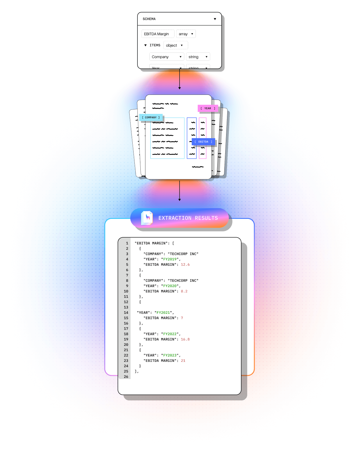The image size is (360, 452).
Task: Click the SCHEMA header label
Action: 149,19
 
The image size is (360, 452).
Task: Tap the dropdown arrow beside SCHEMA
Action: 215,19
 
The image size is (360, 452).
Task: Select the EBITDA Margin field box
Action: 158,34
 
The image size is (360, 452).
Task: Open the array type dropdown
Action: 186,34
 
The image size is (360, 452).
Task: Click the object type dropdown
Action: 175,45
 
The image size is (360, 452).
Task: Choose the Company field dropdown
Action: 166,57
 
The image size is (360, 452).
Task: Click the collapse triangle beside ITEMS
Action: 145,45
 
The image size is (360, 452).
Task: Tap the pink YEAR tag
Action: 208,109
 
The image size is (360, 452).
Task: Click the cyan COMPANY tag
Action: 151,117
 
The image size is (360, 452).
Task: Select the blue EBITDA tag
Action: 203,142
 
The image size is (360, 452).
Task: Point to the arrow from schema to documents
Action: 180,79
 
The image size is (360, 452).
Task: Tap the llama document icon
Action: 147,218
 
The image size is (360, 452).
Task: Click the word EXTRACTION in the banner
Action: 175,218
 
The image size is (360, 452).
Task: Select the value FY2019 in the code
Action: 170,259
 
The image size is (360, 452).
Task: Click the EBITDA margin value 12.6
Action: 185,265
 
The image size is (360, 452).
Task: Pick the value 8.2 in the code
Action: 184,291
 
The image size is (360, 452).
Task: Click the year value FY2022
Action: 170,334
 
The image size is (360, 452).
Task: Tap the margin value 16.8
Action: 185,339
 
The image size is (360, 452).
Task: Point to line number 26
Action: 126,377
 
